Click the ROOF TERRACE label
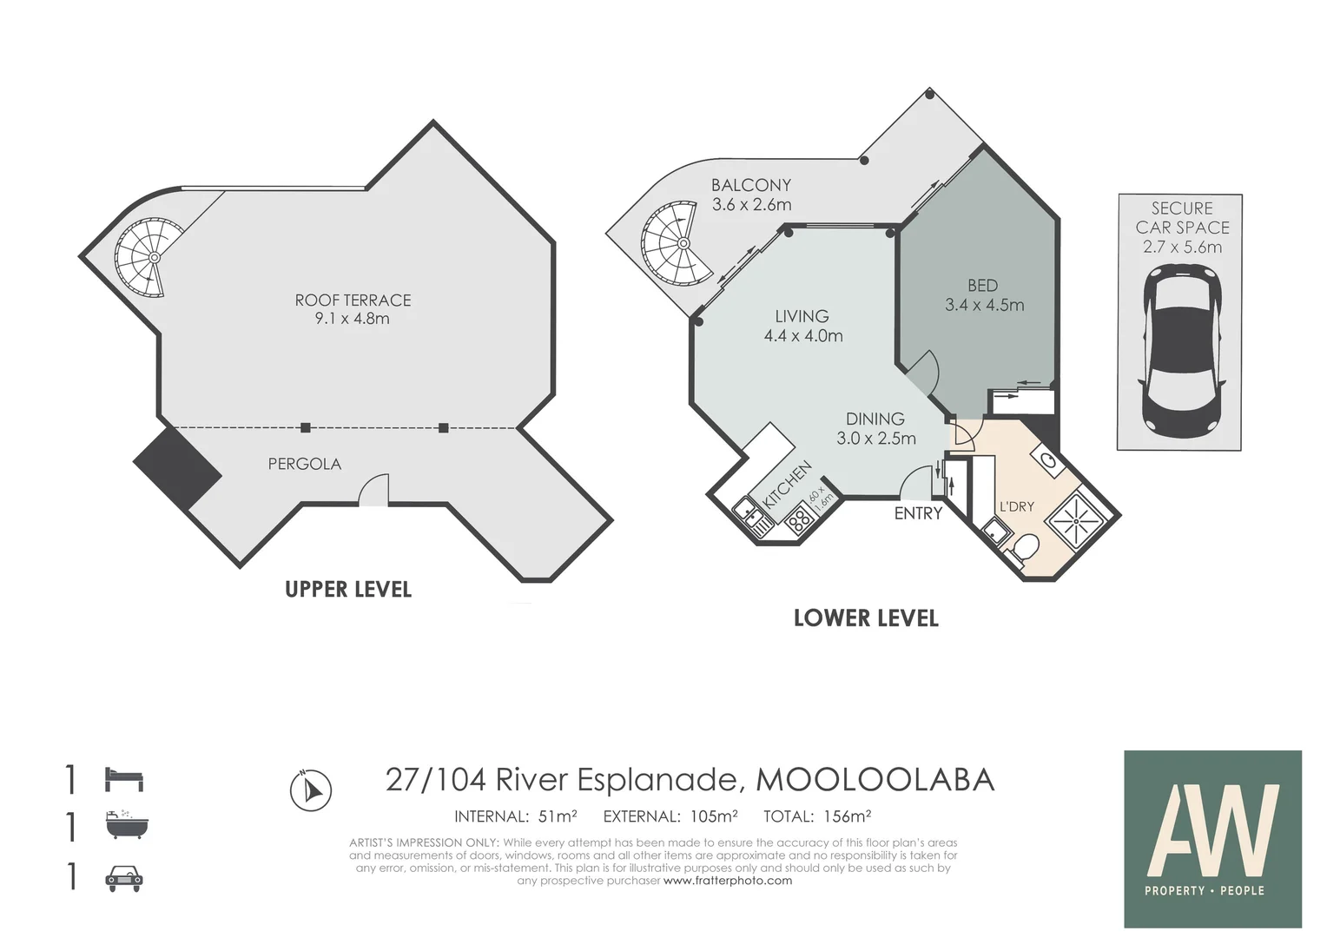[x=353, y=300]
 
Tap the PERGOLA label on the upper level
[x=305, y=464]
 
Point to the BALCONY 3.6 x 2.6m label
[x=751, y=195]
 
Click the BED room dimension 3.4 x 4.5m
[x=984, y=305]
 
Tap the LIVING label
[x=802, y=316]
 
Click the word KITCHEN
[x=786, y=485]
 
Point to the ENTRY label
[x=918, y=513]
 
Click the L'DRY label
[x=1017, y=506]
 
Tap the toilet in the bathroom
[x=1023, y=547]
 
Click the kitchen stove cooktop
[x=801, y=521]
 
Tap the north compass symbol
[x=310, y=790]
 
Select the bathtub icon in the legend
[x=126, y=825]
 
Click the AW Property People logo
[x=1212, y=839]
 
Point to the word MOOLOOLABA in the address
[x=875, y=780]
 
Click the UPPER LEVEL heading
[x=348, y=590]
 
